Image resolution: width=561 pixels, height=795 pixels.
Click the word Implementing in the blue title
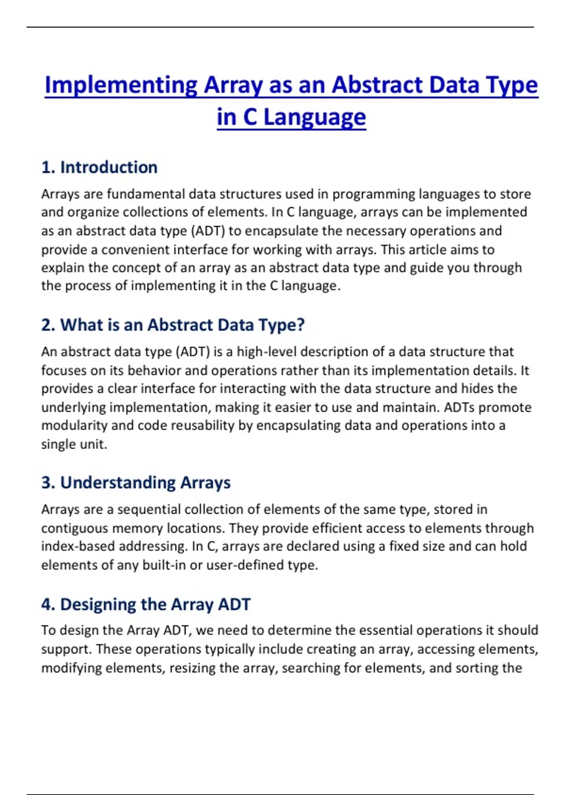tap(121, 86)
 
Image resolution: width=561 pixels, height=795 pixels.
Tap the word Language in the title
tap(314, 117)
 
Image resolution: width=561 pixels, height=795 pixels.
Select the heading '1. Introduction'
tap(99, 167)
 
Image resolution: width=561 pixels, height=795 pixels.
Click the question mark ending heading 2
tap(300, 325)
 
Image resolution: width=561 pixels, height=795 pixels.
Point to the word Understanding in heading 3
tap(117, 483)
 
